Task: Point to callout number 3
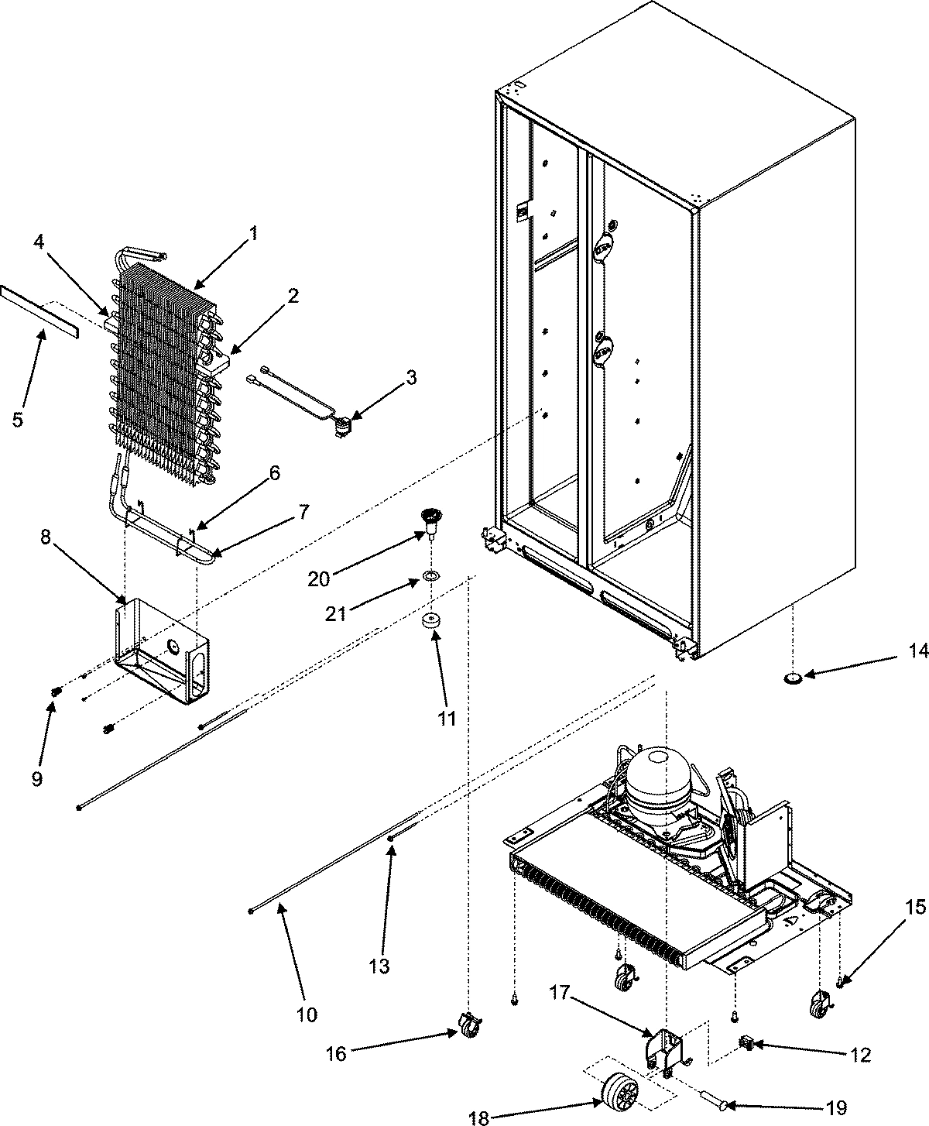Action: [x=410, y=378]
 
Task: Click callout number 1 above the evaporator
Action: [x=252, y=232]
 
